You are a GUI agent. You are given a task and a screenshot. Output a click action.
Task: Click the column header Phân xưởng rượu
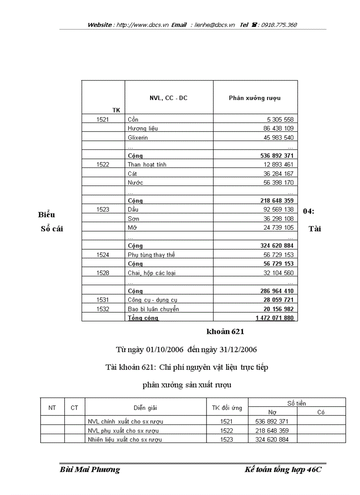[x=255, y=98]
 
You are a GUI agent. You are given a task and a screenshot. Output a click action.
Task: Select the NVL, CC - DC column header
[x=169, y=98]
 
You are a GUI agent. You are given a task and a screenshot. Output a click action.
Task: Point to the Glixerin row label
[x=138, y=138]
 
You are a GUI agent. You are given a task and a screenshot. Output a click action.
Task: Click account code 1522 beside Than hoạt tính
[x=103, y=165]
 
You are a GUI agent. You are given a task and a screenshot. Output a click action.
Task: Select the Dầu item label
[x=133, y=210]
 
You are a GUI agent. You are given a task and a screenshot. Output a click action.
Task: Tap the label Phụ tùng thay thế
[x=151, y=255]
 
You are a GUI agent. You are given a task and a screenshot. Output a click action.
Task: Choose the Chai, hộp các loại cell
[x=151, y=273]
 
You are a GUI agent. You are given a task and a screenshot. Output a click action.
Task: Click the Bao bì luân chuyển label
[x=153, y=309]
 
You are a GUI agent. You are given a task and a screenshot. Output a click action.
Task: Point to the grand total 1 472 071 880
[x=274, y=318]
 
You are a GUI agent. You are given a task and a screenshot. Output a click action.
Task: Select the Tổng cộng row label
[x=143, y=318]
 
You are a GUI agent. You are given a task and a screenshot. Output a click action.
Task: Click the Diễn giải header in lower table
[x=145, y=408]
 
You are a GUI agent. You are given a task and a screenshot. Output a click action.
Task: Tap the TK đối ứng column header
[x=227, y=408]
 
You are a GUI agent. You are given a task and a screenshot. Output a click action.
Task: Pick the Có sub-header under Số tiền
[x=321, y=412]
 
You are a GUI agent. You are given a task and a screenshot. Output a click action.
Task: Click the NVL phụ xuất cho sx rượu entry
[x=123, y=431]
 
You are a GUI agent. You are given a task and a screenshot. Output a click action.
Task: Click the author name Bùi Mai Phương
[x=90, y=470]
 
